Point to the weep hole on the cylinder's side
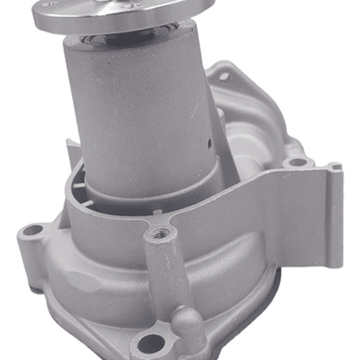click(x=210, y=145)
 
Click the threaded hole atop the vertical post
click(x=161, y=233)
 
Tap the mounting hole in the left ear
click(x=33, y=230)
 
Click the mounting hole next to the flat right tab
click(x=297, y=162)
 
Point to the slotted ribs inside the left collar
click(x=80, y=193)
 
